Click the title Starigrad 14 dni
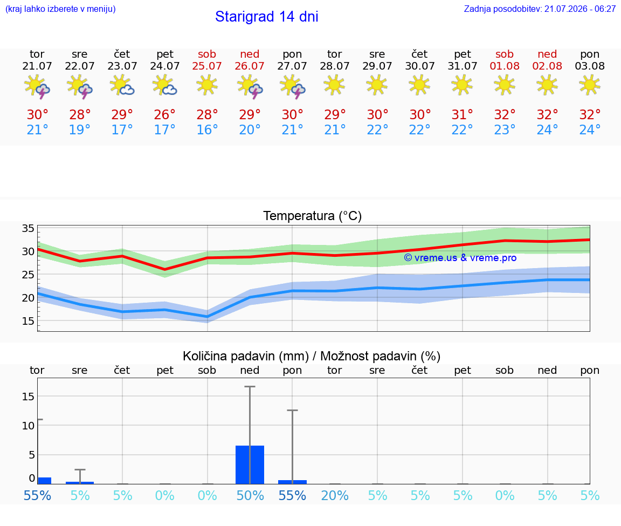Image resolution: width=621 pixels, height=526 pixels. pyautogui.click(x=266, y=17)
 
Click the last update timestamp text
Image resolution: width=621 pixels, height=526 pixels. pyautogui.click(x=540, y=9)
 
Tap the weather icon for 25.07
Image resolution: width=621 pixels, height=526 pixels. pyautogui.click(x=207, y=85)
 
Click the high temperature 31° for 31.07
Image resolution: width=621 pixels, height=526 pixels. pyautogui.click(x=462, y=114)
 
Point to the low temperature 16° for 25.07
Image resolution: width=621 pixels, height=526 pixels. pyautogui.click(x=207, y=129)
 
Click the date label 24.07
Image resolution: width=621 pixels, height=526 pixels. pyautogui.click(x=165, y=66)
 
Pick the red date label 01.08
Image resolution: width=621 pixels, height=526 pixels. pyautogui.click(x=505, y=66)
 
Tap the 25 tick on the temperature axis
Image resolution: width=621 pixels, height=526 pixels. pyautogui.click(x=28, y=274)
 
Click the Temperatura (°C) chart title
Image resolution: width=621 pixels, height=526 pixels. pyautogui.click(x=313, y=216)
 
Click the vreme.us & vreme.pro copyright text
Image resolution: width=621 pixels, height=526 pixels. pyautogui.click(x=460, y=258)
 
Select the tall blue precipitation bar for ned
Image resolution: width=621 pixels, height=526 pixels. pyautogui.click(x=250, y=464)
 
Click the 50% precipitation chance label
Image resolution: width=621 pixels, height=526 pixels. pyautogui.click(x=250, y=495)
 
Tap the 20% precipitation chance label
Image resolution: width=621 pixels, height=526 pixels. pyautogui.click(x=335, y=495)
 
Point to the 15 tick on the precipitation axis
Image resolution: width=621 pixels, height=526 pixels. pyautogui.click(x=28, y=397)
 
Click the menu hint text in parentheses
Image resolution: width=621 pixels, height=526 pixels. pyautogui.click(x=60, y=9)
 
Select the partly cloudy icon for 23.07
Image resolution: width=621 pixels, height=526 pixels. pyautogui.click(x=122, y=86)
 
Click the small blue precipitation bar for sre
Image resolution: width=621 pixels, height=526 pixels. pyautogui.click(x=80, y=483)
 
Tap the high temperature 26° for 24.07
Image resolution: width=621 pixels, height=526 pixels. pyautogui.click(x=165, y=114)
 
